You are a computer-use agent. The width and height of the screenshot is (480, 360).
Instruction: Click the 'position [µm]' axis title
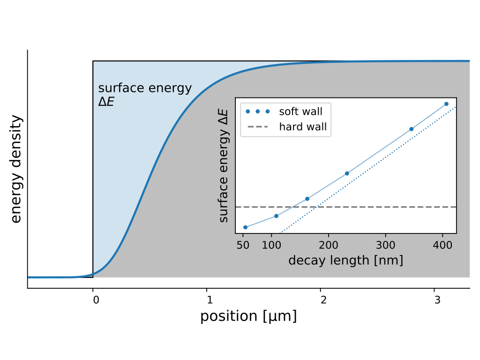coord(248,316)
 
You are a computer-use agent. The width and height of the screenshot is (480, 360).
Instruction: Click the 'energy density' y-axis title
coord(16,169)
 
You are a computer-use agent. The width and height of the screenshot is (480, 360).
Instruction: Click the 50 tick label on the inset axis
coord(243,245)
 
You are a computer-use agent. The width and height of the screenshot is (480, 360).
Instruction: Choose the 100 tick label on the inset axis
coord(271,245)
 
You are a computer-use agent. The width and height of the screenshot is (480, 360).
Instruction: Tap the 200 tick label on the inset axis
coord(328,245)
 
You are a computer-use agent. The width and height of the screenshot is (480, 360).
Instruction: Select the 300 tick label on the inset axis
coord(385,245)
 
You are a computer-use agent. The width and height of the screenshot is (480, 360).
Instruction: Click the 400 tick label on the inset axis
coord(442,245)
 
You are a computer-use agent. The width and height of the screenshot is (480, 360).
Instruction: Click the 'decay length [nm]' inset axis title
coord(345,261)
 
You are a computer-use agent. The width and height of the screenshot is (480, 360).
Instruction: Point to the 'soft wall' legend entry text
coord(300,112)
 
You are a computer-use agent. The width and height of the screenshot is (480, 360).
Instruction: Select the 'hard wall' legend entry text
coord(303,127)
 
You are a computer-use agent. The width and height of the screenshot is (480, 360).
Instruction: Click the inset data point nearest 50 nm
coord(245,227)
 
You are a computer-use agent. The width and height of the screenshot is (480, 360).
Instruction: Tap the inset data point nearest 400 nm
coord(446,104)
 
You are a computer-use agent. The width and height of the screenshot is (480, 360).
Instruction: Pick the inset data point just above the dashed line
coord(307,199)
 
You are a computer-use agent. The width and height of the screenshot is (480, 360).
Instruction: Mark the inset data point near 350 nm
coord(412,129)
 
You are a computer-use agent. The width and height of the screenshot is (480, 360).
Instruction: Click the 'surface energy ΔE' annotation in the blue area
coord(145,94)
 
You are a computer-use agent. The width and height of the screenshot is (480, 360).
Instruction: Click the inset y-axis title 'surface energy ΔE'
coord(225,166)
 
